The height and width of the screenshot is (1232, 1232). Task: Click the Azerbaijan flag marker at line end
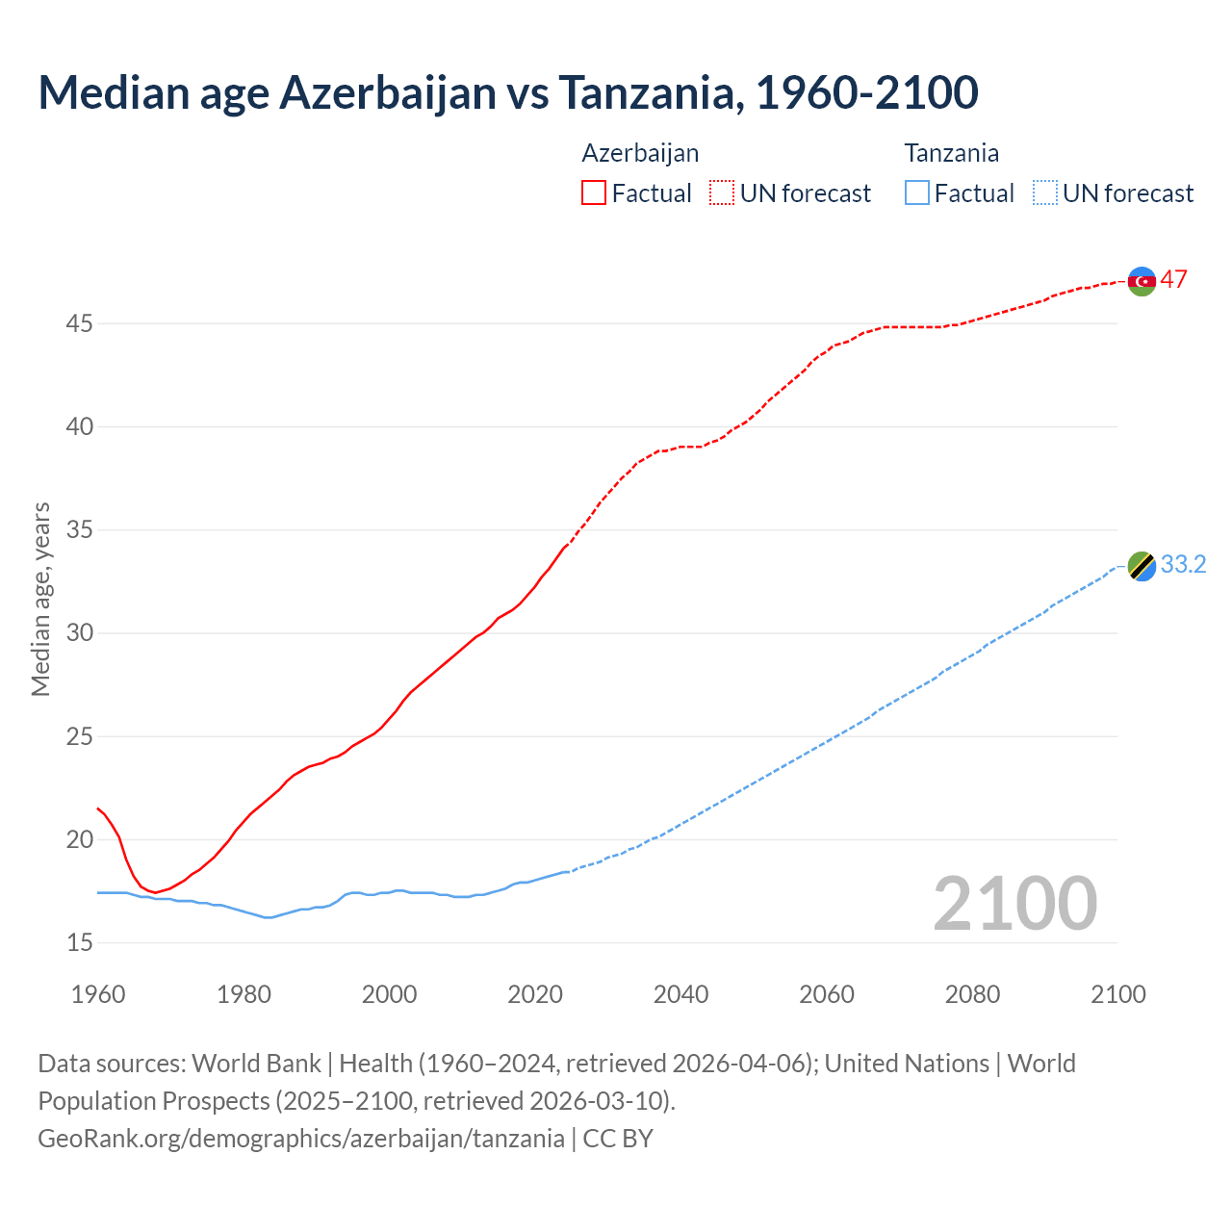(1142, 281)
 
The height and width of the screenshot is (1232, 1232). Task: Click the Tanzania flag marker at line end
(1142, 566)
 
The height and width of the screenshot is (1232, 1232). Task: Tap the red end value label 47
(1173, 280)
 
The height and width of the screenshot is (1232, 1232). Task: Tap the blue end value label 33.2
(1183, 565)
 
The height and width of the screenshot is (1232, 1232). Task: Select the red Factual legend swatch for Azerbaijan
(594, 193)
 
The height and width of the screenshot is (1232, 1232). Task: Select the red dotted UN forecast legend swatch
(722, 193)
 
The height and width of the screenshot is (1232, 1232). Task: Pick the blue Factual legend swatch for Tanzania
(917, 193)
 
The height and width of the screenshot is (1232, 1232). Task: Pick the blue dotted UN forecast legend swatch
(1045, 193)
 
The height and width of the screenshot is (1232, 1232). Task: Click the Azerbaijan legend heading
(640, 153)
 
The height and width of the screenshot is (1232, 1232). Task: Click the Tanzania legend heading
(951, 153)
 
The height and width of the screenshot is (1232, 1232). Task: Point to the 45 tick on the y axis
(79, 323)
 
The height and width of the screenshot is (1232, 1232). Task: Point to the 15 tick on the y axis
(79, 942)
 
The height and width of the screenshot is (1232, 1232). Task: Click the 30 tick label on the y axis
(79, 633)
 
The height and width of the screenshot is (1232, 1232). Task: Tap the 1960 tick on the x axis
(98, 994)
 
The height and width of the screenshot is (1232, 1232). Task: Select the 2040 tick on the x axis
(680, 994)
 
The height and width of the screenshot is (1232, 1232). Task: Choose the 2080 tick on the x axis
(972, 994)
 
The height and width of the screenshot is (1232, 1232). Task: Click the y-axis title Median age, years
(40, 599)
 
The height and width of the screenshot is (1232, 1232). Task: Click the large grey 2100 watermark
(1014, 903)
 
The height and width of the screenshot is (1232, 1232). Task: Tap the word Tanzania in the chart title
(651, 92)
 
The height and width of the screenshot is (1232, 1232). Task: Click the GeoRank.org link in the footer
(300, 1139)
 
